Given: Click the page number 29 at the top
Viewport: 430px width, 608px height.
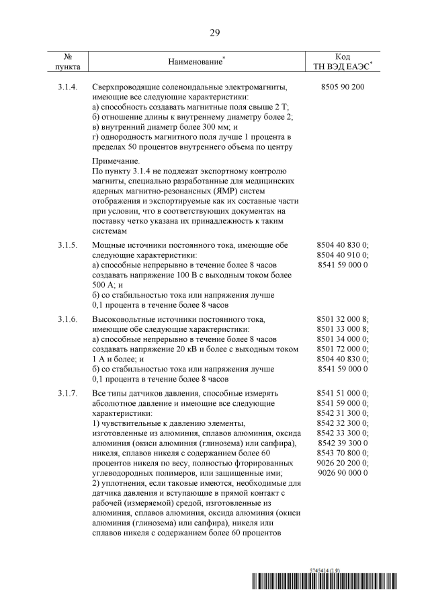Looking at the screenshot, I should [x=215, y=32].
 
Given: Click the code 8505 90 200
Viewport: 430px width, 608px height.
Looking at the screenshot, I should [x=343, y=88].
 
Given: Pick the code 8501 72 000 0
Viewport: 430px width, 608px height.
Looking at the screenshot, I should [x=343, y=349].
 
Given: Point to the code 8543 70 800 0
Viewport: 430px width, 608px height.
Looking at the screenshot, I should [x=343, y=453].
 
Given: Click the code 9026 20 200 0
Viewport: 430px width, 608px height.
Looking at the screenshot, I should [x=343, y=463].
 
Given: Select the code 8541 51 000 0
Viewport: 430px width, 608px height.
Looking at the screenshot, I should [x=343, y=392].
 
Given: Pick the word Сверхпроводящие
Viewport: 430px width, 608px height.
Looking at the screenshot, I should [x=126, y=88].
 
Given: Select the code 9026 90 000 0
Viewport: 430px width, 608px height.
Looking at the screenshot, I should [x=343, y=473].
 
